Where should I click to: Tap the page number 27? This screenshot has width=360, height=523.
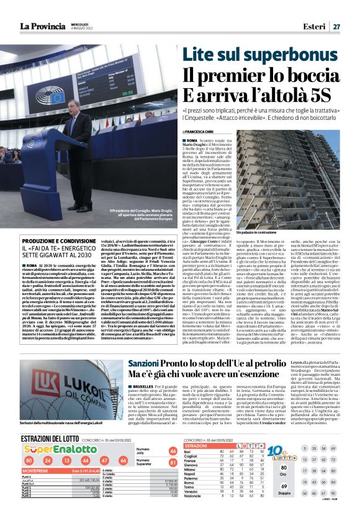tap(336, 26)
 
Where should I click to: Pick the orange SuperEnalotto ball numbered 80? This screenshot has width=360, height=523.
tap(29, 461)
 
